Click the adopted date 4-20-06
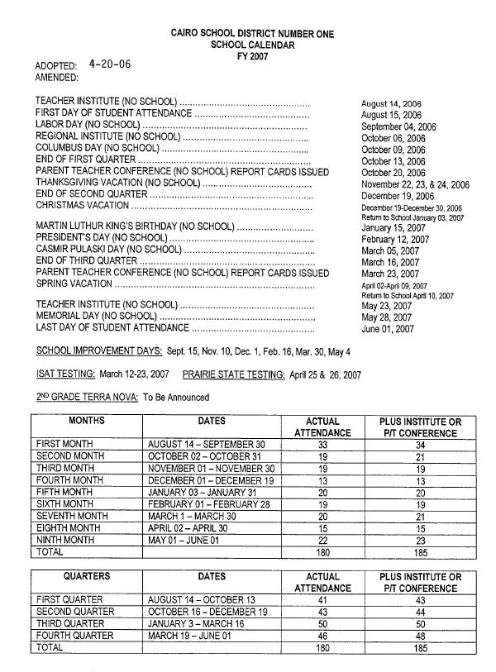point(109,64)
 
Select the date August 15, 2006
point(392,115)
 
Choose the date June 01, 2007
point(388,329)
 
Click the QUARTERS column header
point(87,576)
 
